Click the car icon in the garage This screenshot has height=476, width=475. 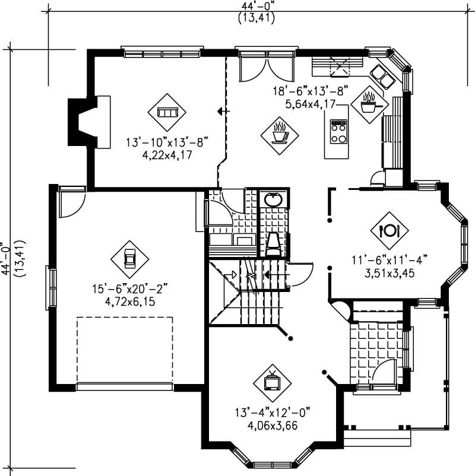(x=129, y=259)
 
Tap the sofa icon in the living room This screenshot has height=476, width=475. (x=167, y=112)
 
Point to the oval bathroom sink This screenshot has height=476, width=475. (x=274, y=200)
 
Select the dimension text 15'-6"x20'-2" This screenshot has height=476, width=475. (x=130, y=289)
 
